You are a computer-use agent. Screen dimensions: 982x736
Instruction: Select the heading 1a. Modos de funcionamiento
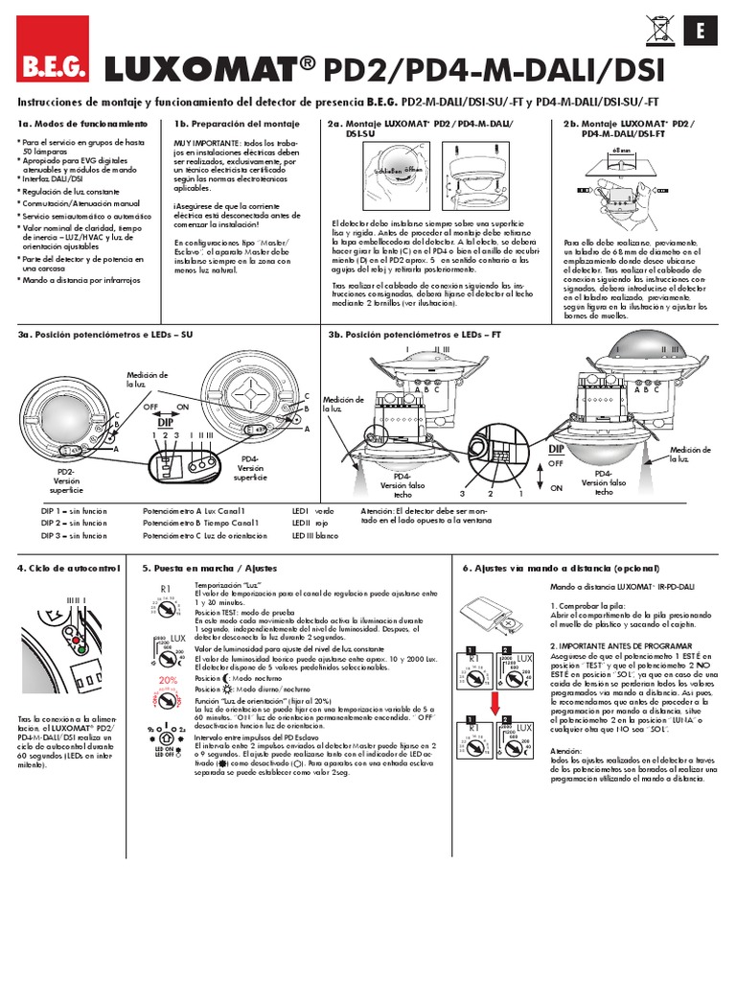[x=82, y=125]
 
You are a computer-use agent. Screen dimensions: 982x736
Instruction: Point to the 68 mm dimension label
[x=620, y=151]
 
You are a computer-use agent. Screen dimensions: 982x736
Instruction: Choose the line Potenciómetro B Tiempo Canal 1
[x=194, y=524]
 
